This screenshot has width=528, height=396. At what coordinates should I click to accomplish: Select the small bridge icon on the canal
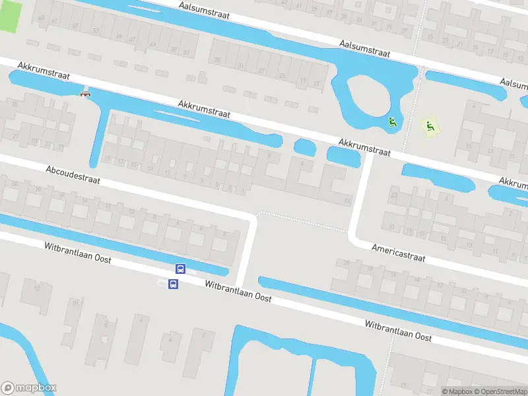[x=84, y=94]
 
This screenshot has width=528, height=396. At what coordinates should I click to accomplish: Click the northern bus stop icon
[x=180, y=269]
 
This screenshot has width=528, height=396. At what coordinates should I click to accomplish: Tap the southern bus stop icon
[x=174, y=284]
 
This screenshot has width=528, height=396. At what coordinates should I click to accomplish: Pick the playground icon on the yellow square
[x=430, y=125]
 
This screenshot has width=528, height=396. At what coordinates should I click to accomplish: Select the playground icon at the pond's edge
[x=392, y=121]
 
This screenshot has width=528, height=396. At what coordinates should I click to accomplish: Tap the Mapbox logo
[x=29, y=388]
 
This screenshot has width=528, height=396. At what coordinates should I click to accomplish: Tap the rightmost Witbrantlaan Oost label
[x=399, y=331]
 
